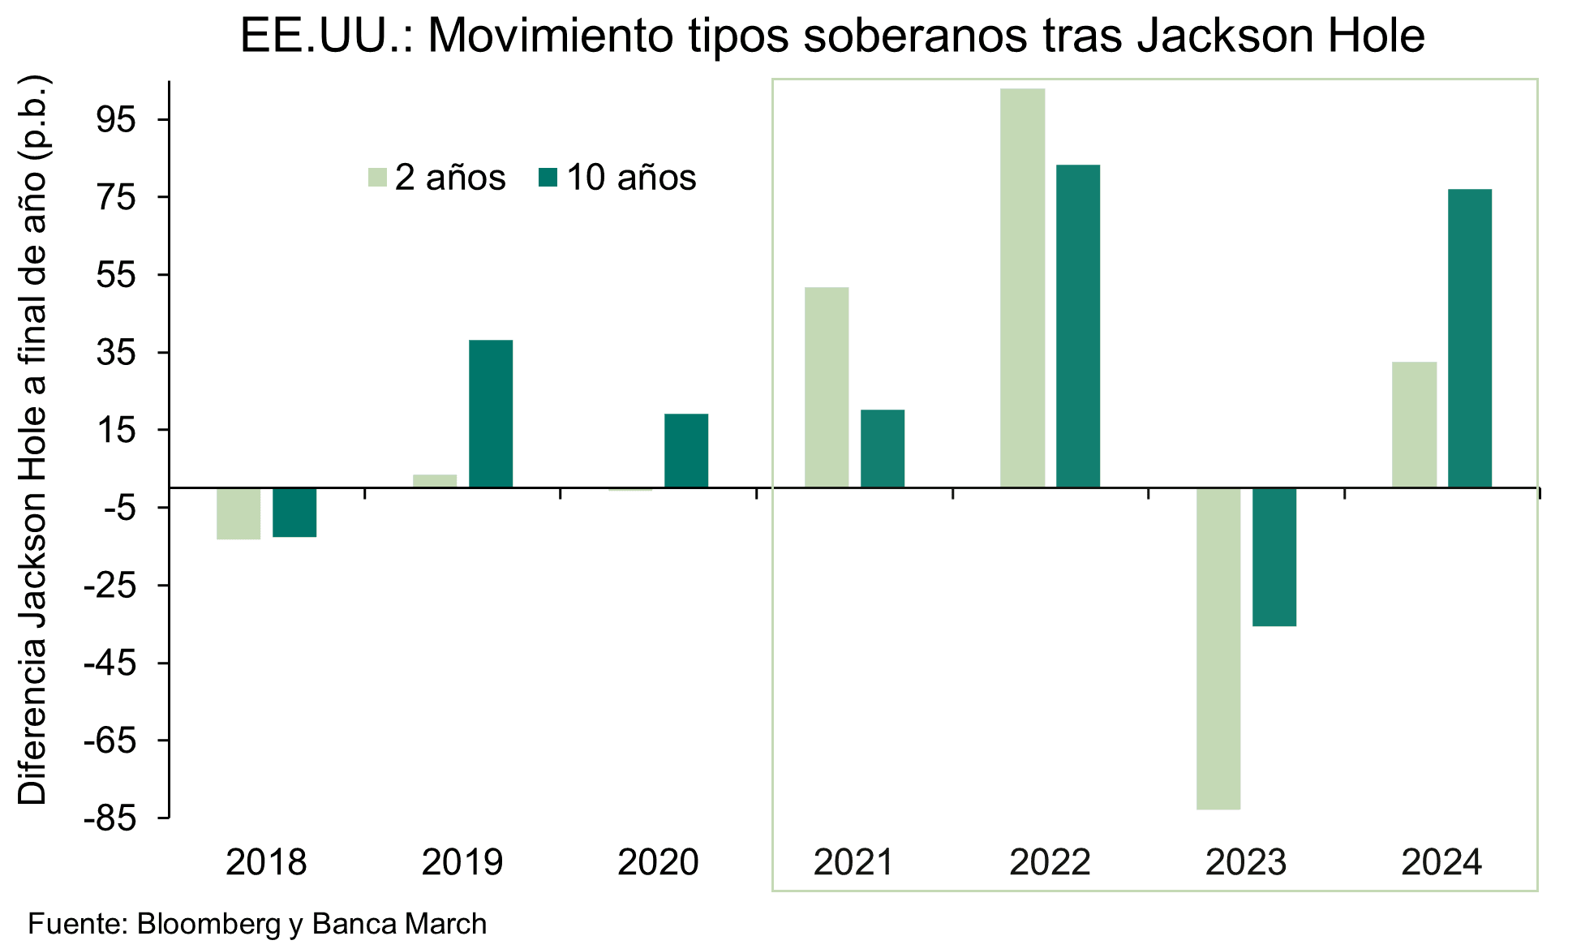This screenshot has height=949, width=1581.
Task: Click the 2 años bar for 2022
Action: pyautogui.click(x=1022, y=288)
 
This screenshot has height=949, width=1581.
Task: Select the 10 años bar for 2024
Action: pyautogui.click(x=1469, y=338)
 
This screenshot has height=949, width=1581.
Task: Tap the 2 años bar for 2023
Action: pyautogui.click(x=1218, y=648)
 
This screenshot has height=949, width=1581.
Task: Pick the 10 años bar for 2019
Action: pyautogui.click(x=491, y=414)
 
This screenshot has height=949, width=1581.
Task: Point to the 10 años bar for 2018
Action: pyautogui.click(x=294, y=513)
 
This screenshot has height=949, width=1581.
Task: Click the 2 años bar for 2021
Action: pyautogui.click(x=827, y=387)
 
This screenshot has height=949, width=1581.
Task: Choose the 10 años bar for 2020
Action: pyautogui.click(x=686, y=450)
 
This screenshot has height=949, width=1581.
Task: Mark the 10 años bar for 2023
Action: pyautogui.click(x=1274, y=556)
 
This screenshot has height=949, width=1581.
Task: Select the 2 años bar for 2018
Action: pyautogui.click(x=238, y=513)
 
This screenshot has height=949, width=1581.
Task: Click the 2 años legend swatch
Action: pyautogui.click(x=377, y=178)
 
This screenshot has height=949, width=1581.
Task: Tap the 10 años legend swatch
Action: pyautogui.click(x=548, y=178)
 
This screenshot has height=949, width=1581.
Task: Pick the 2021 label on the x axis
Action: pyautogui.click(x=853, y=862)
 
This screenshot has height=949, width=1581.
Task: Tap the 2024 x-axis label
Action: pyautogui.click(x=1441, y=862)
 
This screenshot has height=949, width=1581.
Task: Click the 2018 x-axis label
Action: pyautogui.click(x=266, y=862)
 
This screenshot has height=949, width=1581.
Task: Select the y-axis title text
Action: pyautogui.click(x=34, y=442)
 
